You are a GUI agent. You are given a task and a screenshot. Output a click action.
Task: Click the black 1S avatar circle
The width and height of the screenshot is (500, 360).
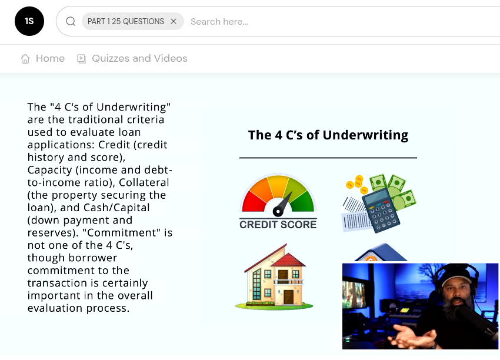pyautogui.click(x=29, y=21)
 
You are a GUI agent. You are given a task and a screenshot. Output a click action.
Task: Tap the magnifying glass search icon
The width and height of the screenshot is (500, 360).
pyautogui.click(x=71, y=21)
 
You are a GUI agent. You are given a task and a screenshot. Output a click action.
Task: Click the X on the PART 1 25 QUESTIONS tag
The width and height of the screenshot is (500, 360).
pyautogui.click(x=174, y=21)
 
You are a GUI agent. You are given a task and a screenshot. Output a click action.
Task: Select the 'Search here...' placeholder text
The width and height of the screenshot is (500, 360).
pyautogui.click(x=219, y=22)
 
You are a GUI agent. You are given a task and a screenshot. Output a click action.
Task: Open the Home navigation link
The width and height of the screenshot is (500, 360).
pyautogui.click(x=50, y=58)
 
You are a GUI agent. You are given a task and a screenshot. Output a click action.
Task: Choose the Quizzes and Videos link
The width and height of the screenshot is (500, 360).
pyautogui.click(x=139, y=58)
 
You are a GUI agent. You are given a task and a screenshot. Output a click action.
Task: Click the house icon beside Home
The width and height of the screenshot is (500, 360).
pyautogui.click(x=25, y=58)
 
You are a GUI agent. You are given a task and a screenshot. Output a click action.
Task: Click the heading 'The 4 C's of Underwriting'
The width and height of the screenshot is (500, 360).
pyautogui.click(x=328, y=135)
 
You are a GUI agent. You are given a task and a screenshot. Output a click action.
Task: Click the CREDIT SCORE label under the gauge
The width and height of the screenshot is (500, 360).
pyautogui.click(x=278, y=224)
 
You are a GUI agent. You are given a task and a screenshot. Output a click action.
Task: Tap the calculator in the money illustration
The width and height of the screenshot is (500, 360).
pyautogui.click(x=381, y=210)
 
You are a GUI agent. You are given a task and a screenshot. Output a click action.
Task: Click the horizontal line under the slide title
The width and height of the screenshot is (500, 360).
pyautogui.click(x=328, y=158)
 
